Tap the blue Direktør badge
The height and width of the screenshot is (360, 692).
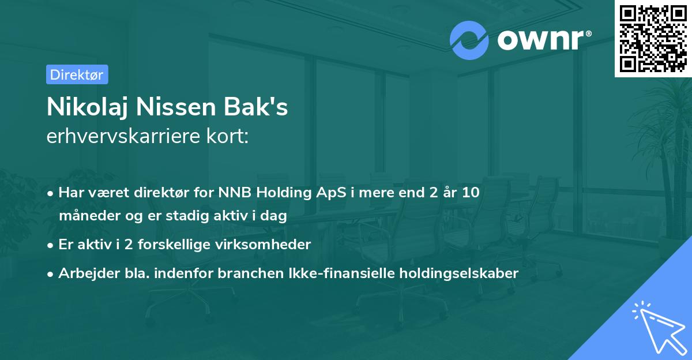click(x=77, y=74)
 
